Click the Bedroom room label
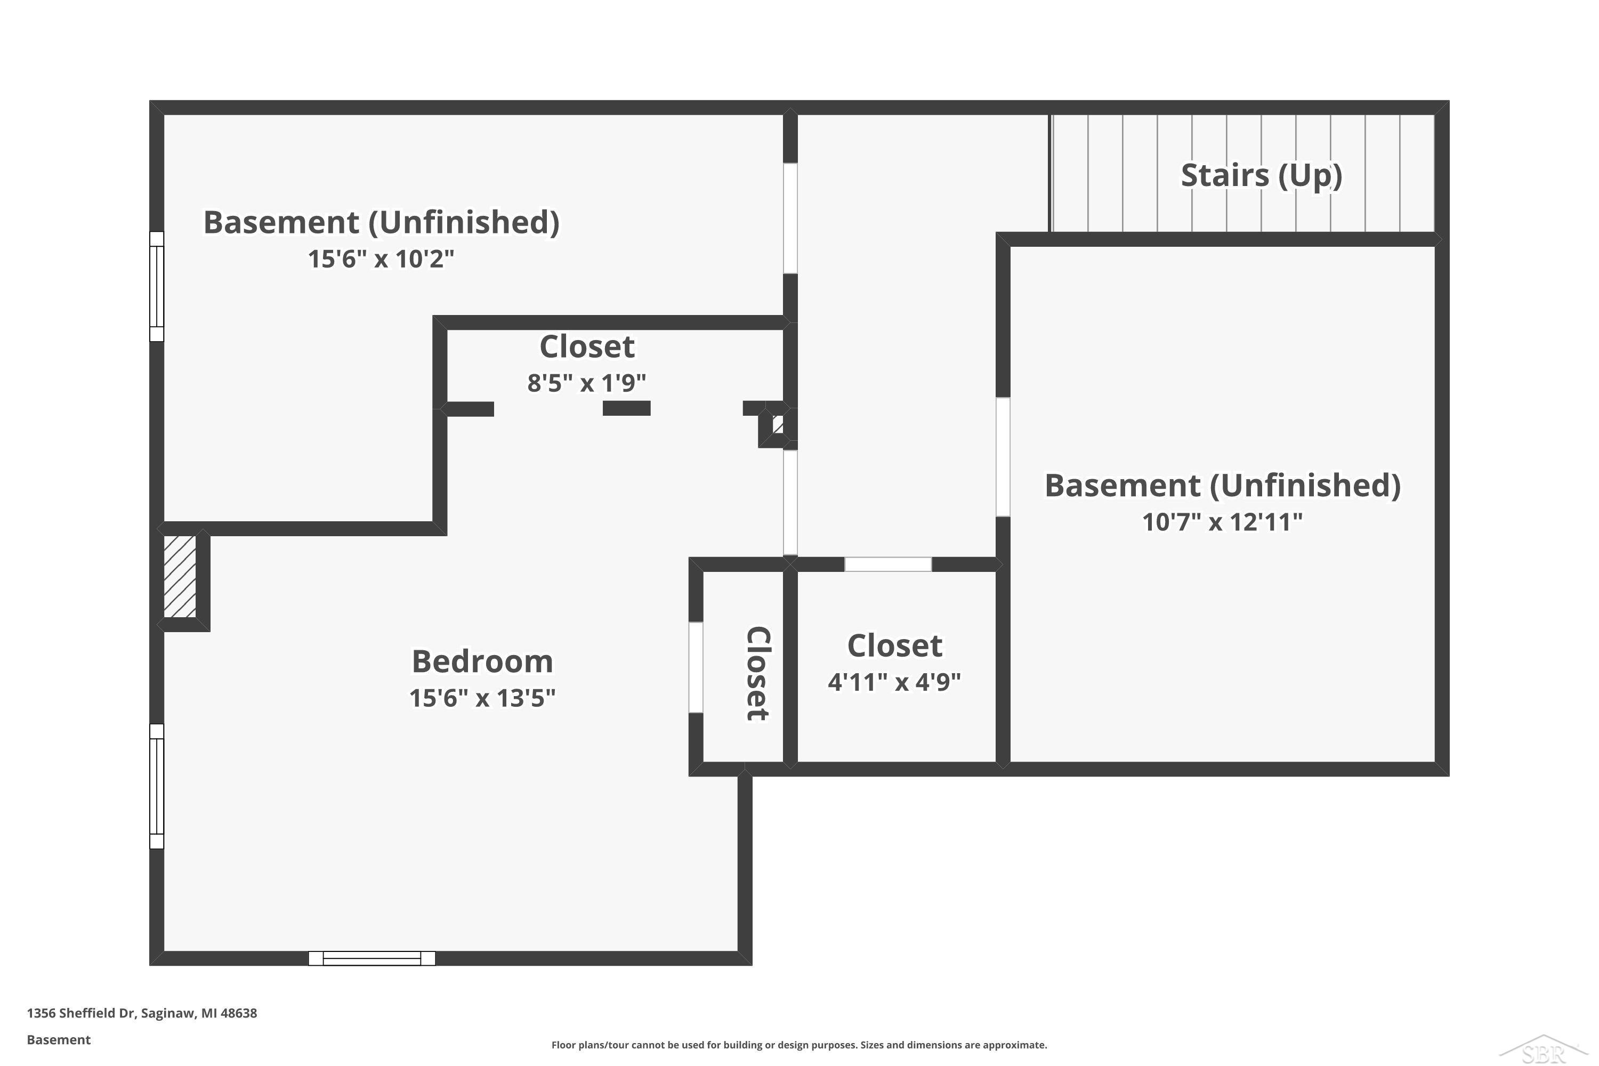(x=482, y=661)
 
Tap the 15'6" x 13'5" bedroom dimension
(x=482, y=698)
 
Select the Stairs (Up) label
(x=1261, y=175)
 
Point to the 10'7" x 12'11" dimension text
(x=1222, y=522)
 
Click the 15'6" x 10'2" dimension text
(x=381, y=259)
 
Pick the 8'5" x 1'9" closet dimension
(x=586, y=383)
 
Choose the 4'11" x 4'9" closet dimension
(x=894, y=682)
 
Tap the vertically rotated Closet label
(x=757, y=673)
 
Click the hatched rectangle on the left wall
(x=180, y=577)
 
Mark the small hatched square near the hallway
(x=778, y=425)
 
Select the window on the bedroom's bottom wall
(x=372, y=958)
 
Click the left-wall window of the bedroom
(x=156, y=786)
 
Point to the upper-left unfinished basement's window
(x=156, y=286)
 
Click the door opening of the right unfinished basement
(x=1003, y=457)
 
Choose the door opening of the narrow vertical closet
(x=696, y=667)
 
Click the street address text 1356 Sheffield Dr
(x=141, y=1013)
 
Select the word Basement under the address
(x=59, y=1039)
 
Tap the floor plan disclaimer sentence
(x=799, y=1045)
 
